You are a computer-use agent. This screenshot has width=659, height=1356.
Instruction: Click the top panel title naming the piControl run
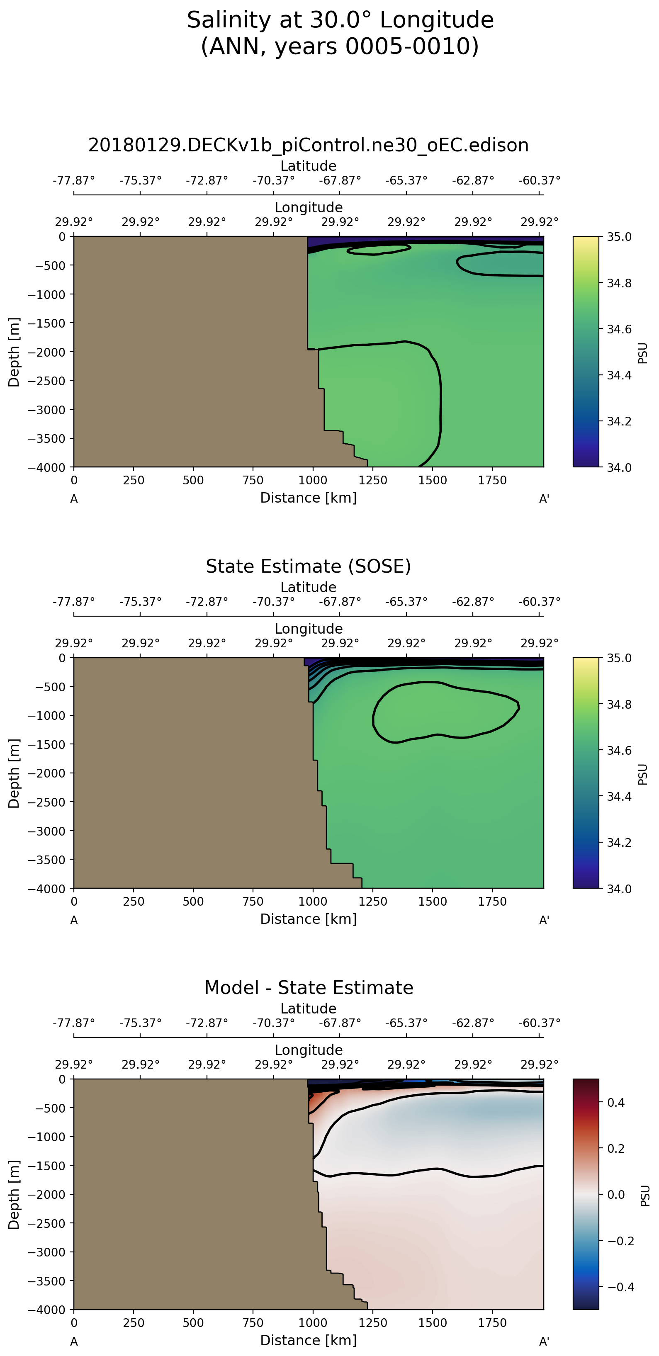click(309, 145)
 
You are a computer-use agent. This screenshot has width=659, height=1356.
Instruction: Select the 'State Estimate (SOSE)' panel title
click(309, 566)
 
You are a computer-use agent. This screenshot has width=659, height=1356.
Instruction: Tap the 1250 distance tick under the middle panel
click(373, 902)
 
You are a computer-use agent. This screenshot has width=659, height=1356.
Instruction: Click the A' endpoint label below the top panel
click(544, 499)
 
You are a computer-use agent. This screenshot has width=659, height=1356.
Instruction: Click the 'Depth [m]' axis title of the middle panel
click(14, 773)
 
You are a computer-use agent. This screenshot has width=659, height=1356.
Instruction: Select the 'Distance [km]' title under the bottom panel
click(309, 1340)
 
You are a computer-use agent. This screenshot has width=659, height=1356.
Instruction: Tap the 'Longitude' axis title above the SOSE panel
click(309, 629)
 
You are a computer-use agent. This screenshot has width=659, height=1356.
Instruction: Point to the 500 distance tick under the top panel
click(193, 481)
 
